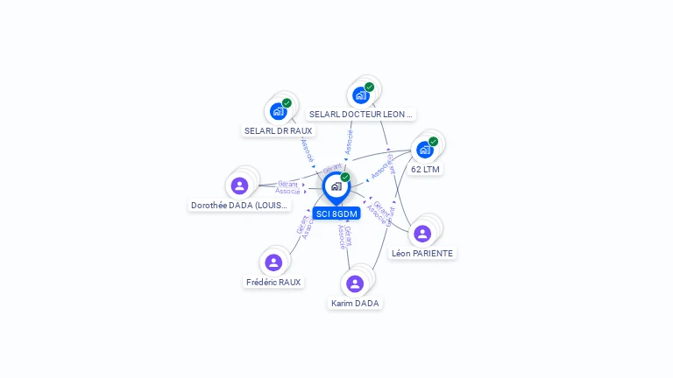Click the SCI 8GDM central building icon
click(x=336, y=186)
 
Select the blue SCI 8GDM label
click(x=336, y=213)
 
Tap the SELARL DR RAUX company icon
click(x=278, y=111)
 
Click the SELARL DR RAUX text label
click(x=278, y=131)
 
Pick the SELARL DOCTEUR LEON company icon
click(x=360, y=95)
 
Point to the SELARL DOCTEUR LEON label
click(x=361, y=115)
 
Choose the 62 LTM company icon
click(x=424, y=150)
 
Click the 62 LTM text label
click(x=425, y=170)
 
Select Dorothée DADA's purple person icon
click(x=239, y=185)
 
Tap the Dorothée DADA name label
click(x=240, y=206)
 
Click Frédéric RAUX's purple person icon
click(x=273, y=262)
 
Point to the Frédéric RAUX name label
click(x=273, y=283)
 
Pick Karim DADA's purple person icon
click(x=355, y=283)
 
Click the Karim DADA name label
click(x=355, y=304)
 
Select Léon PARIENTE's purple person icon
click(x=422, y=234)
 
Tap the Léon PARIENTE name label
click(x=422, y=254)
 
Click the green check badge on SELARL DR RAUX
click(x=287, y=103)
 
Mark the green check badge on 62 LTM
click(x=433, y=142)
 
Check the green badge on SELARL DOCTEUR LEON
click(x=369, y=87)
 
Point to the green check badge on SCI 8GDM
click(x=345, y=178)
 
